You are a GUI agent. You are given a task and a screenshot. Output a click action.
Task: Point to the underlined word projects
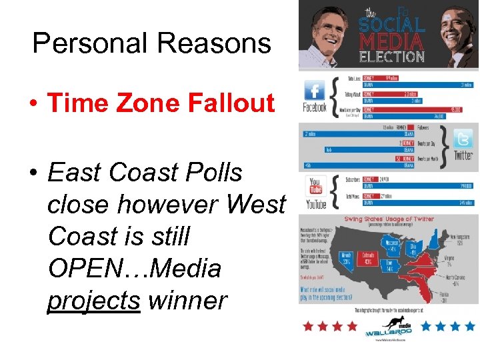click(x=93, y=301)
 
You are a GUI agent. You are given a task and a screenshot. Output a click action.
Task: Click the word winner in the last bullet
click(x=187, y=301)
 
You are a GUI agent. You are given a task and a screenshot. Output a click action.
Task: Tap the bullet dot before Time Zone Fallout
click(x=33, y=105)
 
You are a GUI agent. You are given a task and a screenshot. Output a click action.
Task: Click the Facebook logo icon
click(x=314, y=91)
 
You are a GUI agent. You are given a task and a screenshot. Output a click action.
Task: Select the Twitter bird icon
click(x=463, y=140)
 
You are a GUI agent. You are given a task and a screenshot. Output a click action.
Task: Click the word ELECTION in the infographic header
click(x=391, y=56)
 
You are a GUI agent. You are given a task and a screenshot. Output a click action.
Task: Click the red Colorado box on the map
click(x=367, y=259)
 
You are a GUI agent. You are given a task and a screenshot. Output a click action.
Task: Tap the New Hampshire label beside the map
click(x=460, y=237)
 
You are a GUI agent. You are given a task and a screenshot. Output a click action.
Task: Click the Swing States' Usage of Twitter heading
click(x=389, y=219)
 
